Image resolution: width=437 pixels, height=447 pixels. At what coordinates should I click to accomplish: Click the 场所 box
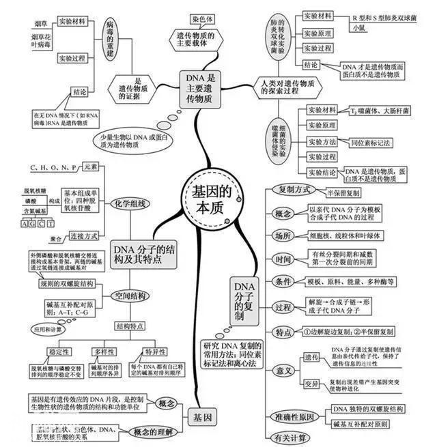(x=284, y=235)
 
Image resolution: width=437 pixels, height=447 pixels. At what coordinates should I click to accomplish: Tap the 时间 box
(x=284, y=259)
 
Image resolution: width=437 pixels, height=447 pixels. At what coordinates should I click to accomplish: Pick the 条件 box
(x=284, y=282)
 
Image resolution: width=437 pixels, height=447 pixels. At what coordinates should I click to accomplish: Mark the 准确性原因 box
(x=295, y=416)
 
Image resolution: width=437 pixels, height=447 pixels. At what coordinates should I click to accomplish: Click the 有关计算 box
(x=291, y=437)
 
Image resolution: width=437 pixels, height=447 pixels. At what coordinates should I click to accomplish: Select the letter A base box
(x=25, y=223)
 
